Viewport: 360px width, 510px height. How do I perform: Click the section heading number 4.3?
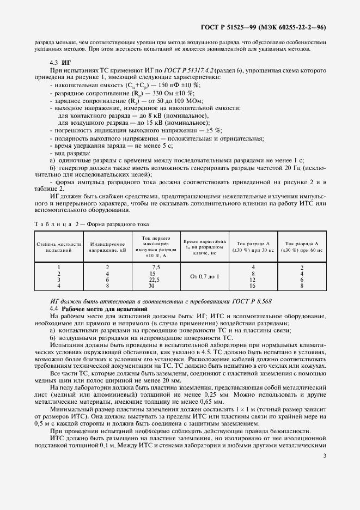pyautogui.click(x=53, y=63)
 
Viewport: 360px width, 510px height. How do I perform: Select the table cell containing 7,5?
pyautogui.click(x=156, y=267)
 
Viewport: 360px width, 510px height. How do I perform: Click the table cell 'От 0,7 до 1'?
pyautogui.click(x=205, y=276)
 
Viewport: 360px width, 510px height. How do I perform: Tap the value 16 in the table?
pyautogui.click(x=253, y=285)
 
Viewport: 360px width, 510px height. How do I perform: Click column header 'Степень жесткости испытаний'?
pyautogui.click(x=58, y=247)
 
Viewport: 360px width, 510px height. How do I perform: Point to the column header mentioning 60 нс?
pyautogui.click(x=302, y=247)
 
